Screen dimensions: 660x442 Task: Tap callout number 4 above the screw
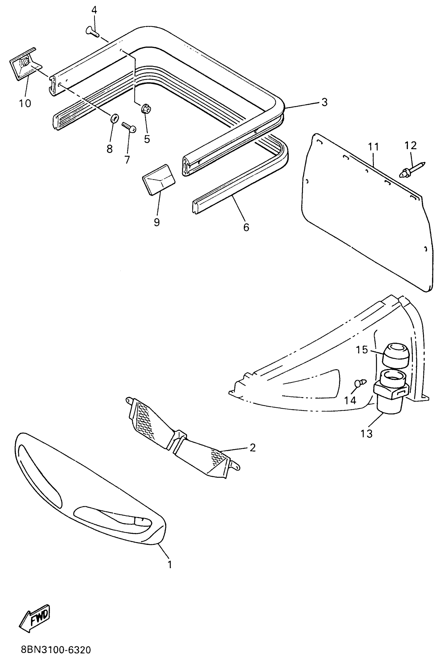94,10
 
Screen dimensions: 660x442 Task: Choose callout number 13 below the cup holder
366,434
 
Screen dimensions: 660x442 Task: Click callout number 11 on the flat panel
373,147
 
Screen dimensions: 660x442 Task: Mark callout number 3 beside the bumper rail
324,102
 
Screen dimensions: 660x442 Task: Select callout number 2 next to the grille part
252,447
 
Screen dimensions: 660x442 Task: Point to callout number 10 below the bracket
25,103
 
